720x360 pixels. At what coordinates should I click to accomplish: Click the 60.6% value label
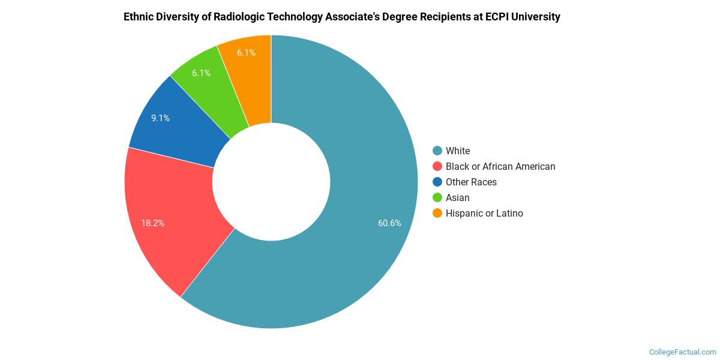(389, 223)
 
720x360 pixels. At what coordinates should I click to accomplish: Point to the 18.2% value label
(152, 223)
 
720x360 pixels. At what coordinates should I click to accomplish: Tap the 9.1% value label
(160, 118)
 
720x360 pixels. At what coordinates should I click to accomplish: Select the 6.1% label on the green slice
(201, 73)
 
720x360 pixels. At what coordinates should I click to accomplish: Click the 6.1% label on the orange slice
(246, 53)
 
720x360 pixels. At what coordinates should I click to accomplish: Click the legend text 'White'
(458, 151)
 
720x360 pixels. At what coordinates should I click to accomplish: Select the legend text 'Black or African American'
(500, 167)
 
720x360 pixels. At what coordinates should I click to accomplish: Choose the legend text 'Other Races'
(471, 182)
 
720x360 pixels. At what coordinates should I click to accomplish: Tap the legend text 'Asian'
(458, 198)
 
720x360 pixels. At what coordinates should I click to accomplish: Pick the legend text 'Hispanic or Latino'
(484, 214)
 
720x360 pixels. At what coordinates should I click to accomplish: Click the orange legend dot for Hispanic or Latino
(437, 213)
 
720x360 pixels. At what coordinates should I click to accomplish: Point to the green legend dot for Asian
(437, 197)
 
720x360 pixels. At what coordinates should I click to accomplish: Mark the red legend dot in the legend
(437, 166)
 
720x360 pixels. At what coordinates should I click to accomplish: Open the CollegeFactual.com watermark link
(682, 352)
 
